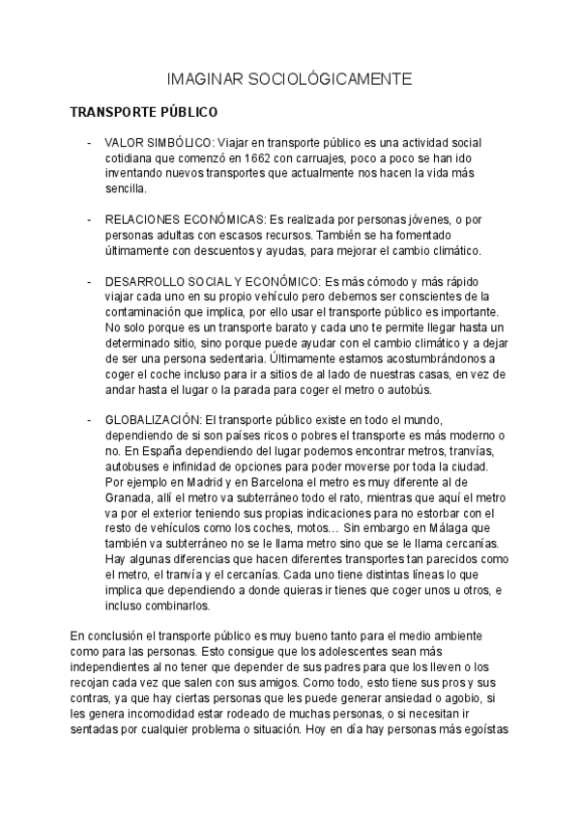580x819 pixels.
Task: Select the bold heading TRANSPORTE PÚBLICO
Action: point(144,111)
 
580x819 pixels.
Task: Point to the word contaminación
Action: point(149,313)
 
